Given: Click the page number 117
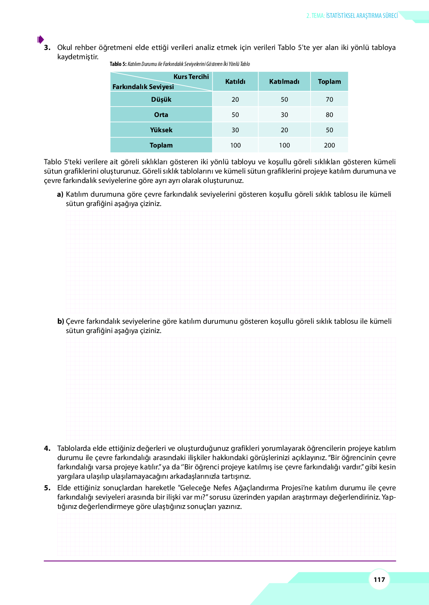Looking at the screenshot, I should (379, 579).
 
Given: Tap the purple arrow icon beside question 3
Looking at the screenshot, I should (41, 39).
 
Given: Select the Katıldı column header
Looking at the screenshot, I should (235, 82).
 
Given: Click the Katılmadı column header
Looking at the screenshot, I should (284, 82).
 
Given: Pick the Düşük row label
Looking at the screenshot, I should (161, 99).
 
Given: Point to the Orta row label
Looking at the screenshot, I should (161, 115).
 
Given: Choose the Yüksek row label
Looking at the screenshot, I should (161, 130).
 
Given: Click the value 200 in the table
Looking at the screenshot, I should (329, 145).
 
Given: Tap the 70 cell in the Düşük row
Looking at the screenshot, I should (329, 99).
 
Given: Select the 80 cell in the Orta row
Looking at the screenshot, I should (329, 115).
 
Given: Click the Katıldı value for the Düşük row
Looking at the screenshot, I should (235, 99).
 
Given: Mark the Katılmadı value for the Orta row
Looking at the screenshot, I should (284, 115).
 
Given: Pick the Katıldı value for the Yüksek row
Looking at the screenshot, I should (235, 130).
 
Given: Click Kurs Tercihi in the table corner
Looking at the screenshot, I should (191, 77).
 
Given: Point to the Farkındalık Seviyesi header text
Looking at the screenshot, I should (143, 87).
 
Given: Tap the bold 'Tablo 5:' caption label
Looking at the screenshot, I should (118, 64).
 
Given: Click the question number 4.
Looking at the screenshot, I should (47, 448).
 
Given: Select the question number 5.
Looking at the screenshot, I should (47, 488).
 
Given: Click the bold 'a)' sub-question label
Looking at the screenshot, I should (60, 194).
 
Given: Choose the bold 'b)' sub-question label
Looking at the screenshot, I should (60, 321).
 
